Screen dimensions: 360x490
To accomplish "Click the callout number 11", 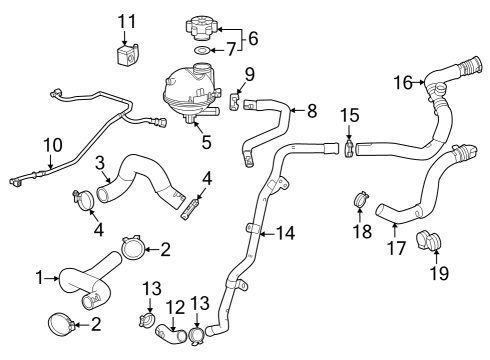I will pyautogui.click(x=125, y=20).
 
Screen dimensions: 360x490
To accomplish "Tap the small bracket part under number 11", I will pyautogui.click(x=126, y=56).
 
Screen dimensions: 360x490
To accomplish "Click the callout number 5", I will pyautogui.click(x=207, y=141).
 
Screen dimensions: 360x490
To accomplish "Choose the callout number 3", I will pyautogui.click(x=101, y=162).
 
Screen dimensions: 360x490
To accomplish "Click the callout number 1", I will pyautogui.click(x=40, y=277).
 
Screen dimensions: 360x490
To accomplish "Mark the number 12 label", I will pyautogui.click(x=171, y=306).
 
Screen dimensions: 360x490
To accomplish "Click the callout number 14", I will pyautogui.click(x=285, y=234).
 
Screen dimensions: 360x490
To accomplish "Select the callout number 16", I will pyautogui.click(x=402, y=83).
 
